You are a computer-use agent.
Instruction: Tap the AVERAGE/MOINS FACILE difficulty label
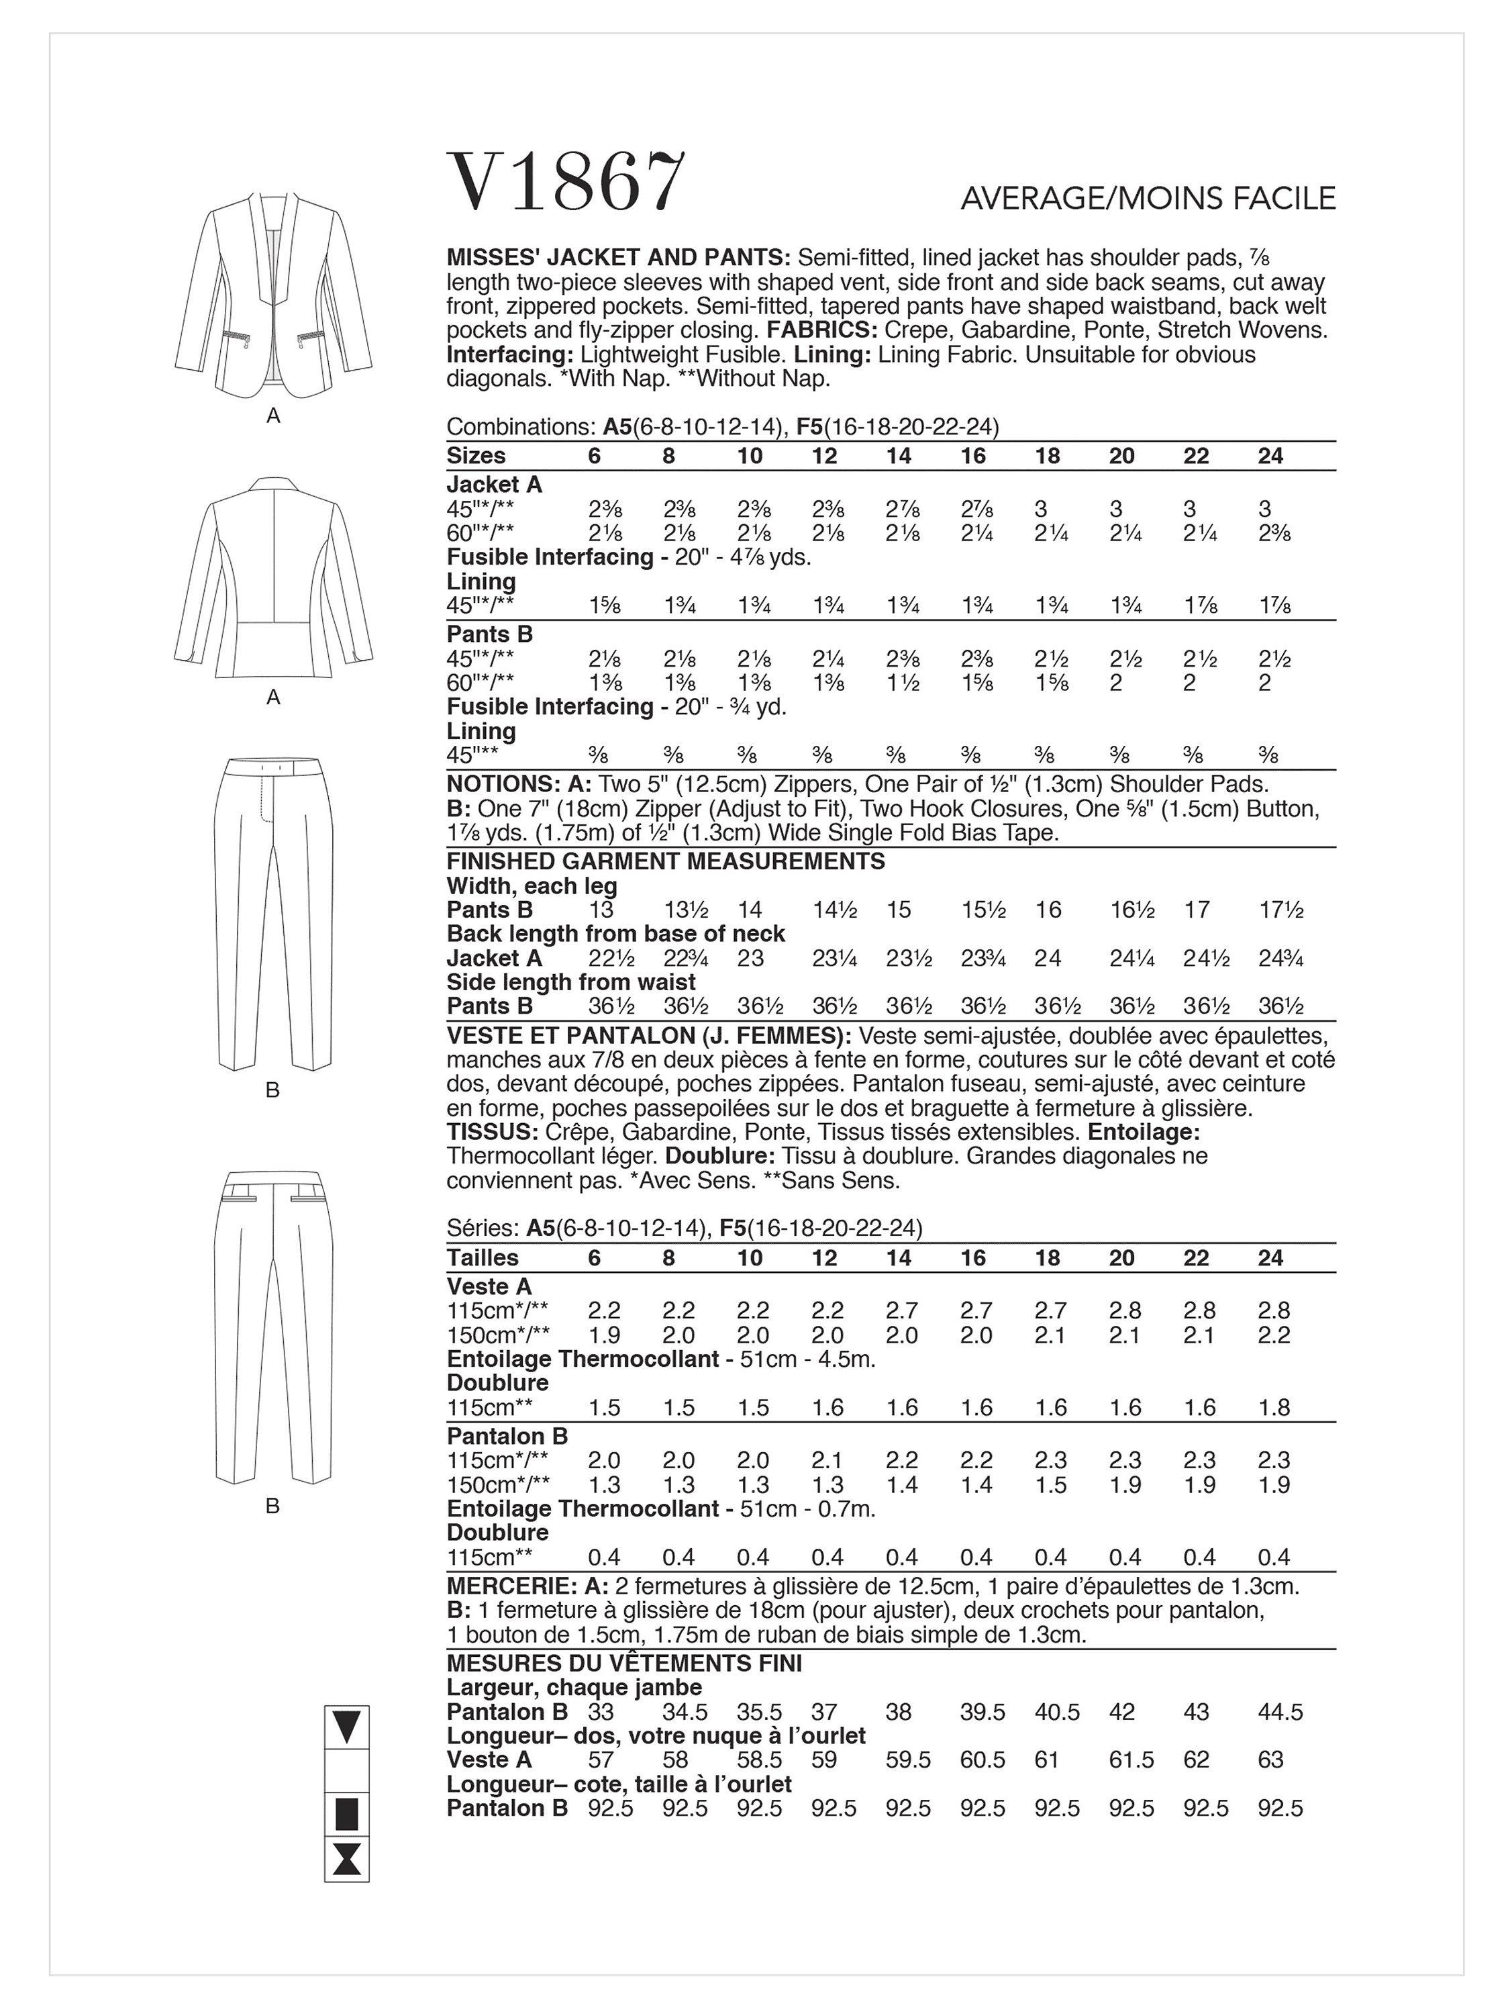pos(1148,199)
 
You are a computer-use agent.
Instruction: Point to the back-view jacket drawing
pos(273,577)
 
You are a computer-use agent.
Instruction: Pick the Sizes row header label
pos(476,456)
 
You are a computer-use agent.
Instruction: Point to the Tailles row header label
pos(483,1257)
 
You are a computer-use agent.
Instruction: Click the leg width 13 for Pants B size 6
pos(601,910)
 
